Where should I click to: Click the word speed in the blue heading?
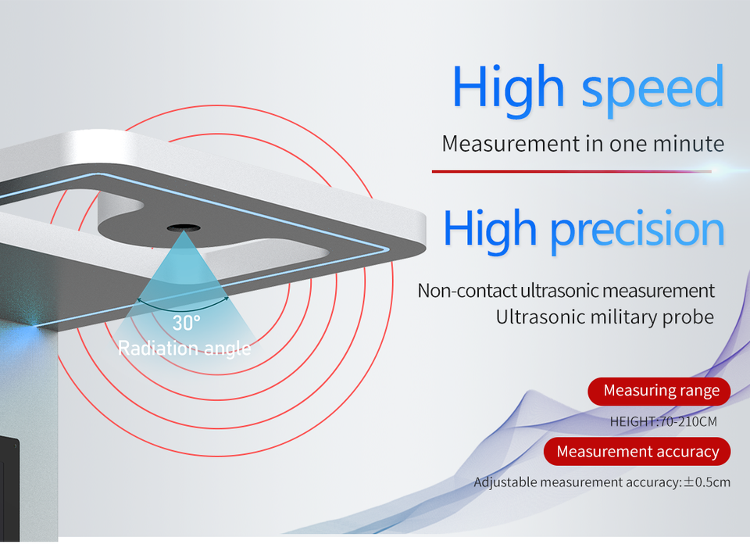652,89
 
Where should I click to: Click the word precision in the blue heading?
637,231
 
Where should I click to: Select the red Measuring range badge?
659,392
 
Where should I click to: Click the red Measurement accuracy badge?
637,451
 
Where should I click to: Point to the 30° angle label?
186,323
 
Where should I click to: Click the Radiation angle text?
184,349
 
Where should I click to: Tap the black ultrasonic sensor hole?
184,227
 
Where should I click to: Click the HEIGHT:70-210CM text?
663,421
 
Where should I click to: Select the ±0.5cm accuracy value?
707,481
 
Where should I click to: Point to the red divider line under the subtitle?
572,171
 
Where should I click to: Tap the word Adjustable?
505,482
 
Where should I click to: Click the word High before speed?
509,89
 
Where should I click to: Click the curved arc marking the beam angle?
183,305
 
